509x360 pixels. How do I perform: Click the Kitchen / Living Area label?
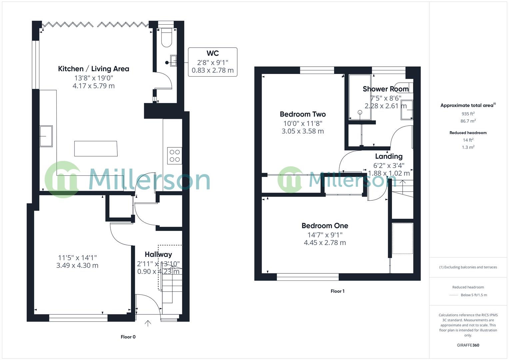93,69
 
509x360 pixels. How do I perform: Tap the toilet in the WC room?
166,38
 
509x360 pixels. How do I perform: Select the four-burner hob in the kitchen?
175,156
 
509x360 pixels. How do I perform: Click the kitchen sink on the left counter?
46,136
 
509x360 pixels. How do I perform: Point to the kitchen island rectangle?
96,149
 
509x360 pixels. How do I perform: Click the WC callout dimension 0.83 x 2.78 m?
212,70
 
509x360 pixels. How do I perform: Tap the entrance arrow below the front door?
148,323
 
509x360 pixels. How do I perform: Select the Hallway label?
158,254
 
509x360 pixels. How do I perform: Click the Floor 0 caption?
128,337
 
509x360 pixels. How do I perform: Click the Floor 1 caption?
337,291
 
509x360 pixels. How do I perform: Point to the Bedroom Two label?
303,114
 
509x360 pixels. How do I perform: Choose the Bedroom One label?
325,226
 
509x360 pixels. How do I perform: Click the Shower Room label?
385,89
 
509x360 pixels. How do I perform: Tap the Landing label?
389,156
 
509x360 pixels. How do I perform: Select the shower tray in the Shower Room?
360,97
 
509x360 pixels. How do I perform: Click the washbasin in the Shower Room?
407,109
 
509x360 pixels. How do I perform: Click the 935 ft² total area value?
468,114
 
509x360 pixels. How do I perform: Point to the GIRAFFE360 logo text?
468,345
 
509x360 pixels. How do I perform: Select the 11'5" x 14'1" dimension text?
77,258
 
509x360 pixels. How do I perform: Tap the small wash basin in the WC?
173,60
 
